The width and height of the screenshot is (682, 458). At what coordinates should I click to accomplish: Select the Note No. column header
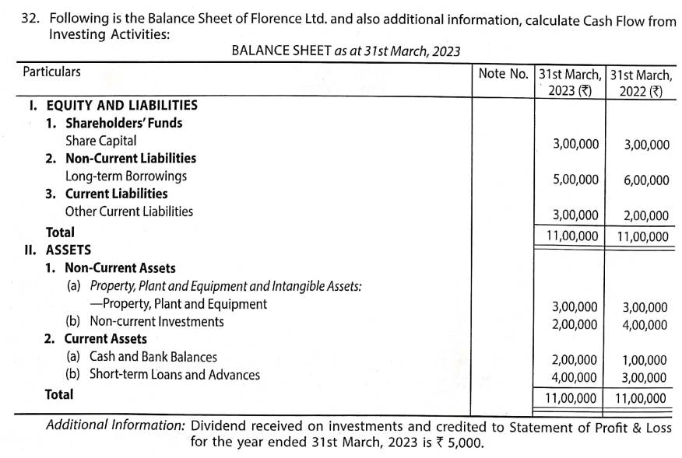pos(503,73)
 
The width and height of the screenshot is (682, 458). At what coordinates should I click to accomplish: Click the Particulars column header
pos(51,72)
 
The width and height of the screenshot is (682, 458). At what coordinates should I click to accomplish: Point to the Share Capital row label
pos(100,141)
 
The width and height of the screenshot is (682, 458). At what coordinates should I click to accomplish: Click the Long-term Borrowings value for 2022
pos(645,180)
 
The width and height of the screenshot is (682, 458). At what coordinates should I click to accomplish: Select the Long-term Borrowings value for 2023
pos(575,180)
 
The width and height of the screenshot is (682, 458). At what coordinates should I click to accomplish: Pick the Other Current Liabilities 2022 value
pos(645,216)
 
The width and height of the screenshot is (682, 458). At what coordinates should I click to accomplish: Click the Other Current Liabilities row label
pos(129,211)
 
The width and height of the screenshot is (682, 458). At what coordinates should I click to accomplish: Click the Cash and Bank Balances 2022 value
pos(644,360)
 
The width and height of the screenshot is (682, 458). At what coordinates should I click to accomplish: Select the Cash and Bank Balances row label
pos(153,357)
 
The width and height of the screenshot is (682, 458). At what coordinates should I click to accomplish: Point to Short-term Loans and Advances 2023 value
pos(574,377)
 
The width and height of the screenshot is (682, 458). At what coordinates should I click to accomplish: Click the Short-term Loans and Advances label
pos(174,375)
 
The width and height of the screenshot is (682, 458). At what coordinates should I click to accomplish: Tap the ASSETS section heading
pos(69,250)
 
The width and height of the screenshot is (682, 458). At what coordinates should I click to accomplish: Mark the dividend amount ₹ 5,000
pos(465,443)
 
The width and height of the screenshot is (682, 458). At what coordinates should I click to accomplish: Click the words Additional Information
pos(115,426)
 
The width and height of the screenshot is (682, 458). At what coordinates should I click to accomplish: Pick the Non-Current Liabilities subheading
pos(130,159)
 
